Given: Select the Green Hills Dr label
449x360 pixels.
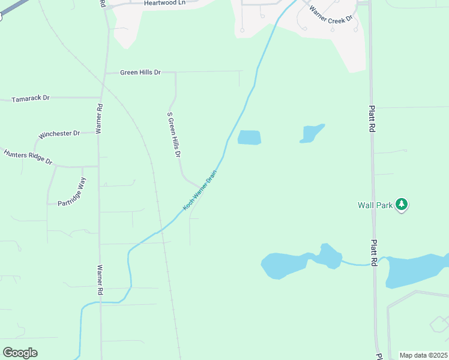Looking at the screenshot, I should coord(140,73).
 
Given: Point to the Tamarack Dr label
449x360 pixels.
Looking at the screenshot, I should coord(30,97).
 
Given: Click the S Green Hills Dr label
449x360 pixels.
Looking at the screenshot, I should coord(174,134).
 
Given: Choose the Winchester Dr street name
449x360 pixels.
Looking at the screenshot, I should coord(59,134).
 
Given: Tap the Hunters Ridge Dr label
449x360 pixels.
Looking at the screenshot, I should coord(28,158).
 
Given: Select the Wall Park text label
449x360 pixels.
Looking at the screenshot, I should coord(375,205).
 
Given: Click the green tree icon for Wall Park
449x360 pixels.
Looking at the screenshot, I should coord(402,205).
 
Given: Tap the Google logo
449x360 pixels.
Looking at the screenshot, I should coord(20,353).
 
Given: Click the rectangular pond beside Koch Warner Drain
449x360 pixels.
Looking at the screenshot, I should coord(249,137).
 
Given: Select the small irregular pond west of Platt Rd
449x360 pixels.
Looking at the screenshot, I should coord(312,133).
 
